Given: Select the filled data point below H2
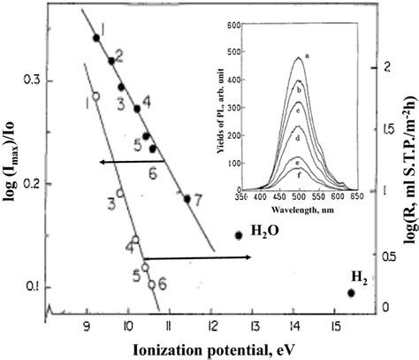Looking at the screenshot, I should (351, 293).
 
